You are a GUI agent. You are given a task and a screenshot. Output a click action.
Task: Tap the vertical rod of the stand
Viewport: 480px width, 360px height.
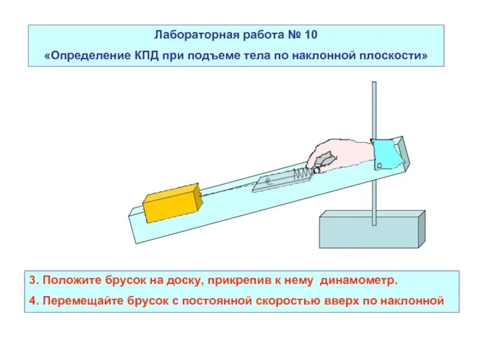tap(375, 120)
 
